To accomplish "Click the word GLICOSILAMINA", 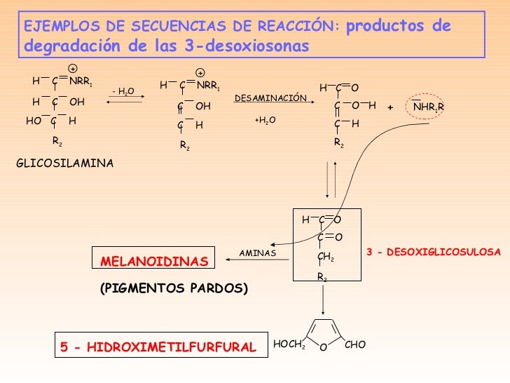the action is coord(64,163).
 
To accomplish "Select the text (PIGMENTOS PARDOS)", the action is coord(176,288).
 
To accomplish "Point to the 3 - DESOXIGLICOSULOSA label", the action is coord(434,250).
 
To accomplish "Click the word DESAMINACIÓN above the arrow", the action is coord(270,98).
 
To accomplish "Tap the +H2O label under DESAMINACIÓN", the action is coord(265,121).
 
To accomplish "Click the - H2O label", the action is coord(123,91).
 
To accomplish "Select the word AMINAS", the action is coord(258,252).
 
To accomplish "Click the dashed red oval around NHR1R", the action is coord(426,107).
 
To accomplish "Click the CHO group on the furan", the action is coord(355,345).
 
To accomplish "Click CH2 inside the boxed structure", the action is coord(326,258).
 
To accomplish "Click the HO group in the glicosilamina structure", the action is coord(33,120).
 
